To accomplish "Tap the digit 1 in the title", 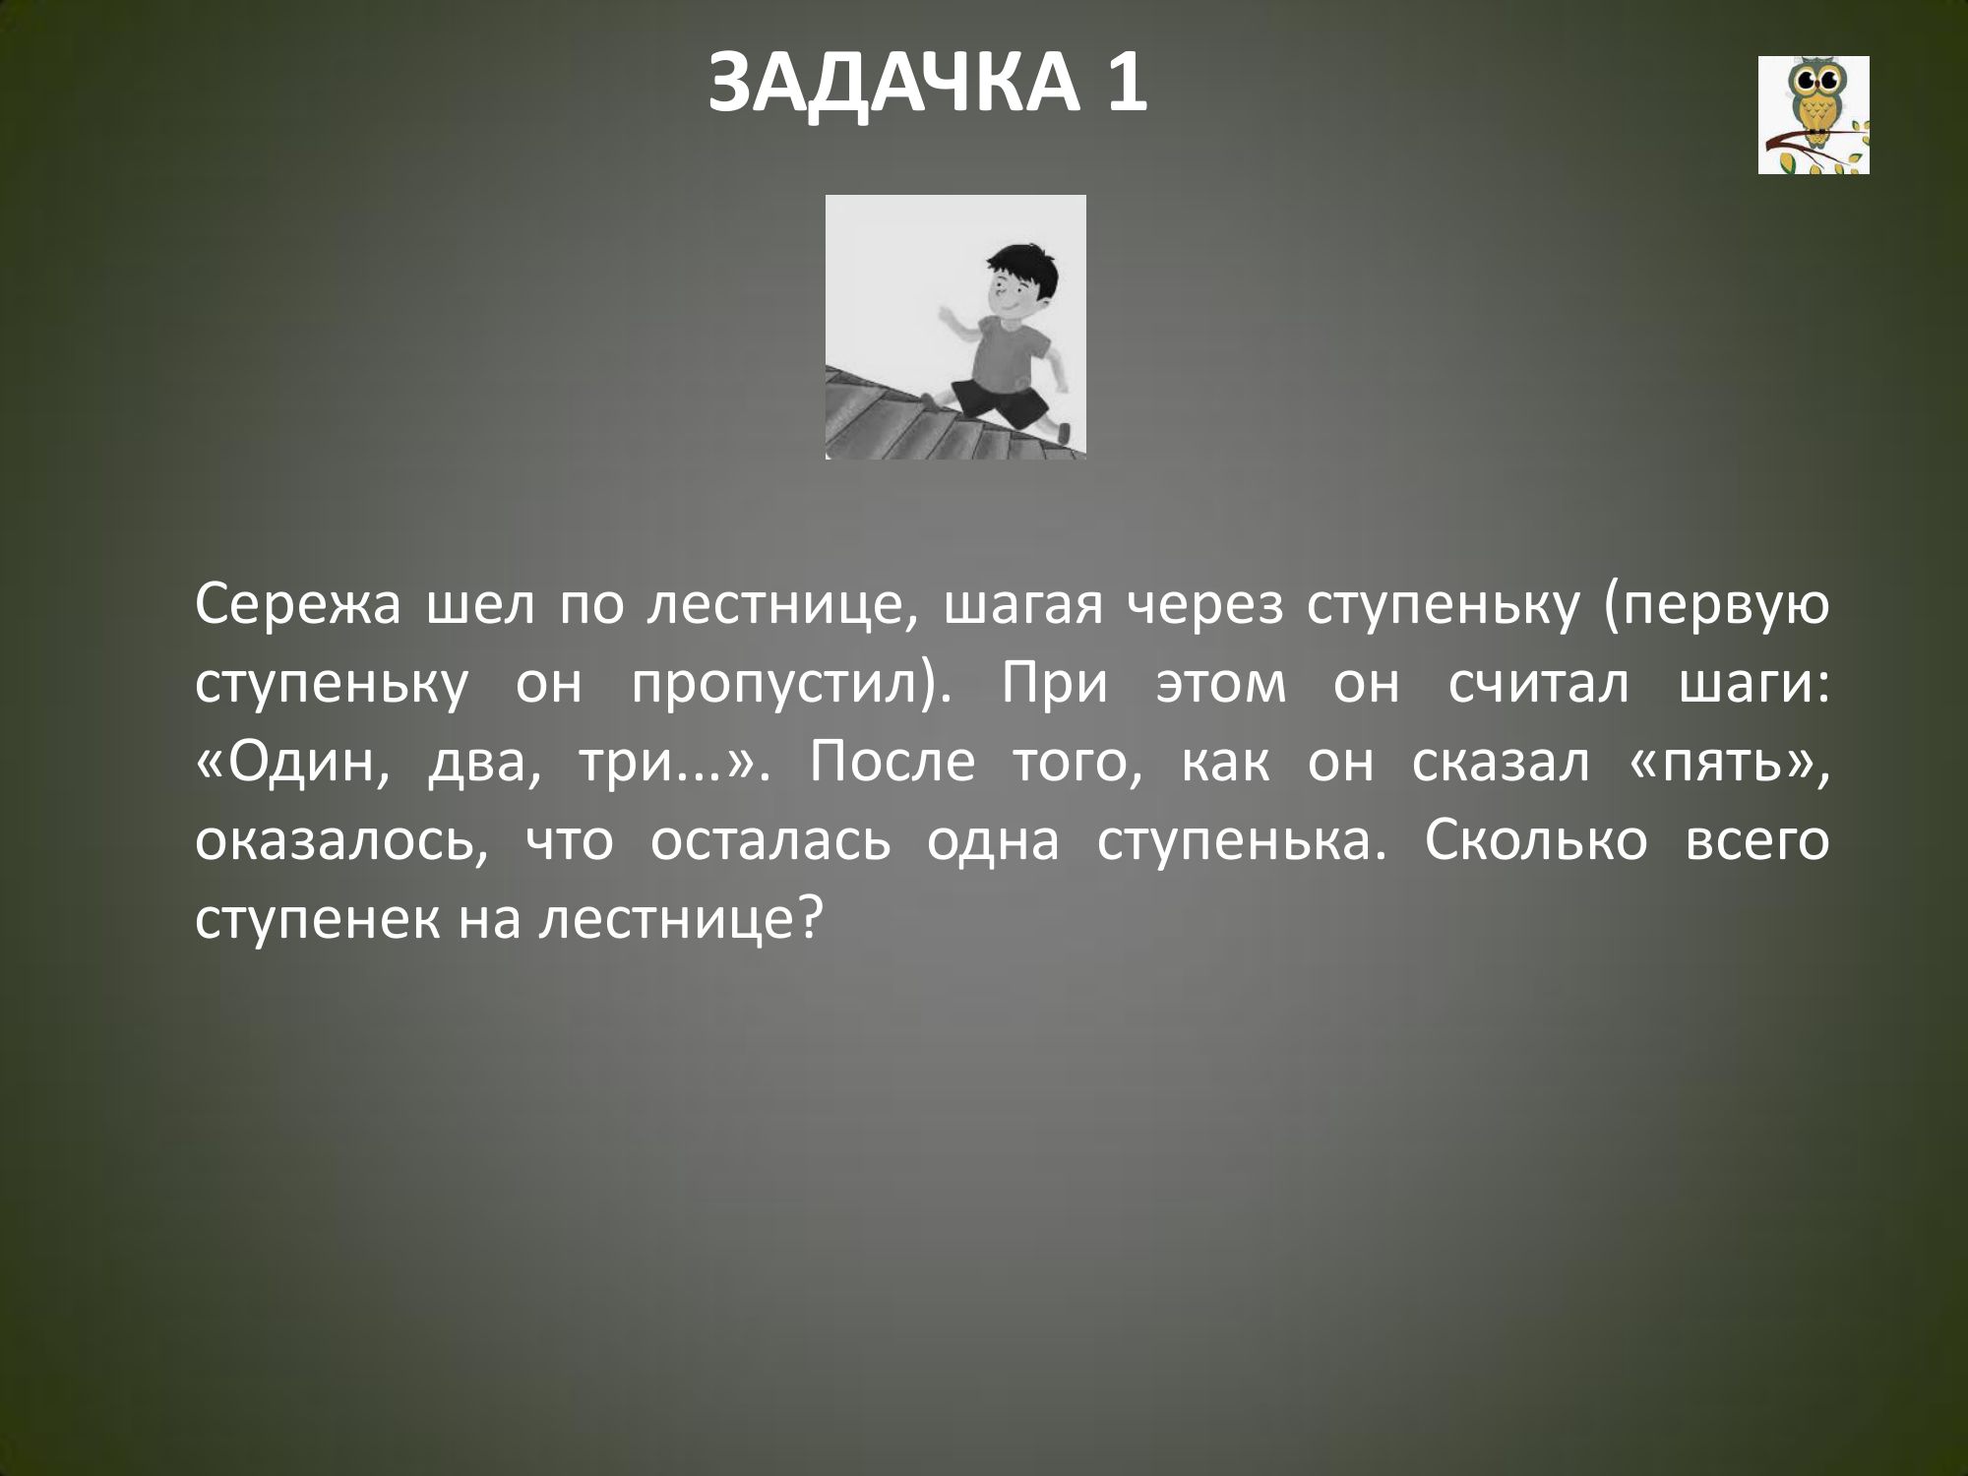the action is pyautogui.click(x=1125, y=85).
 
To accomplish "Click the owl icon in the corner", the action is pyautogui.click(x=1814, y=115).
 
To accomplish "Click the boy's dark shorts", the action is pyautogui.click(x=994, y=400).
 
